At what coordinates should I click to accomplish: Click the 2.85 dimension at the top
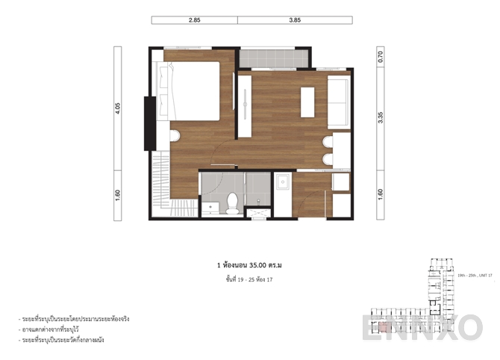[194, 20]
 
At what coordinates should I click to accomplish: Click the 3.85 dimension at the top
[295, 20]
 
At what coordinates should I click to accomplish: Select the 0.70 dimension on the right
[381, 55]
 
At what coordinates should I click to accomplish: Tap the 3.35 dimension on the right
[381, 117]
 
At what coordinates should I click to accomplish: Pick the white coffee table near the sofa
[307, 102]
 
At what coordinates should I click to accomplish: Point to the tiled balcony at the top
[272, 58]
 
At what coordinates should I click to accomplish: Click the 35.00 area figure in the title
[254, 264]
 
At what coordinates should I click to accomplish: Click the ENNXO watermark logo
[422, 328]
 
